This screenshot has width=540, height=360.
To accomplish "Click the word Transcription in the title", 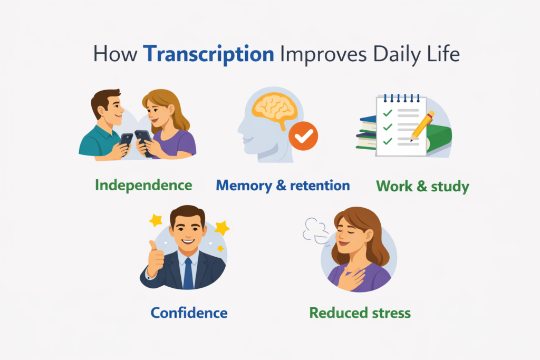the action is coord(209,54).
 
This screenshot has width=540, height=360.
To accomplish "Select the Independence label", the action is coord(143,185).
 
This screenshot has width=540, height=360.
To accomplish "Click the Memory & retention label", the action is coord(283,186).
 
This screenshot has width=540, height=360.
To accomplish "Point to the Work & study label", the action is coord(422,186).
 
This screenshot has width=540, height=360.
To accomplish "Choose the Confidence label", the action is coord(189,313).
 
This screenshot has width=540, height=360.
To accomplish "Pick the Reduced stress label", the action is coord(360,313).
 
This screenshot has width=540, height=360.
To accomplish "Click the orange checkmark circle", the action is coord(303,136).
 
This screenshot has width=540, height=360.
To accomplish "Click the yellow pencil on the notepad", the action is coord(422,126).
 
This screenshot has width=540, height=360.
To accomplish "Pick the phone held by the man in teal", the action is coord(126,141).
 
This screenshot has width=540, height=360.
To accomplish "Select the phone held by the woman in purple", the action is coord(144,142).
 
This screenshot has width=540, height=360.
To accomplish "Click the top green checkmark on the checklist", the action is coord(388,113).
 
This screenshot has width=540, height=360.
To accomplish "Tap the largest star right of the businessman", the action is coord(222,228).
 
